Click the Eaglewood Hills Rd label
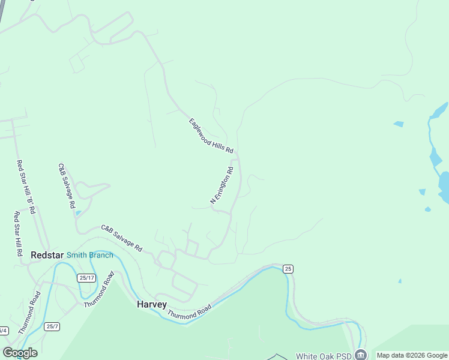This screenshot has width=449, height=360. click(211, 136)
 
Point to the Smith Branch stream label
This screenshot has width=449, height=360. click(89, 255)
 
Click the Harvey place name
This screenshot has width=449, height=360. click(151, 304)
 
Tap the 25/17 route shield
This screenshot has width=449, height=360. click(86, 277)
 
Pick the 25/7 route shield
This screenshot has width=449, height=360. click(52, 326)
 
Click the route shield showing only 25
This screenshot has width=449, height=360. click(289, 269)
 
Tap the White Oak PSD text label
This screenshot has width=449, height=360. click(324, 356)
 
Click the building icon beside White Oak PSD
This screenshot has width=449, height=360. click(360, 355)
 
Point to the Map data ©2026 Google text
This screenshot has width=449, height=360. click(412, 355)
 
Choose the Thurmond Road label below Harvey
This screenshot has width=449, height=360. click(189, 312)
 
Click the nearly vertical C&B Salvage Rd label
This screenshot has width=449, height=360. click(66, 185)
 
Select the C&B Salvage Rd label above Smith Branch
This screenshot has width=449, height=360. click(121, 238)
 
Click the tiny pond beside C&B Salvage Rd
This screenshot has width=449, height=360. click(79, 213)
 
